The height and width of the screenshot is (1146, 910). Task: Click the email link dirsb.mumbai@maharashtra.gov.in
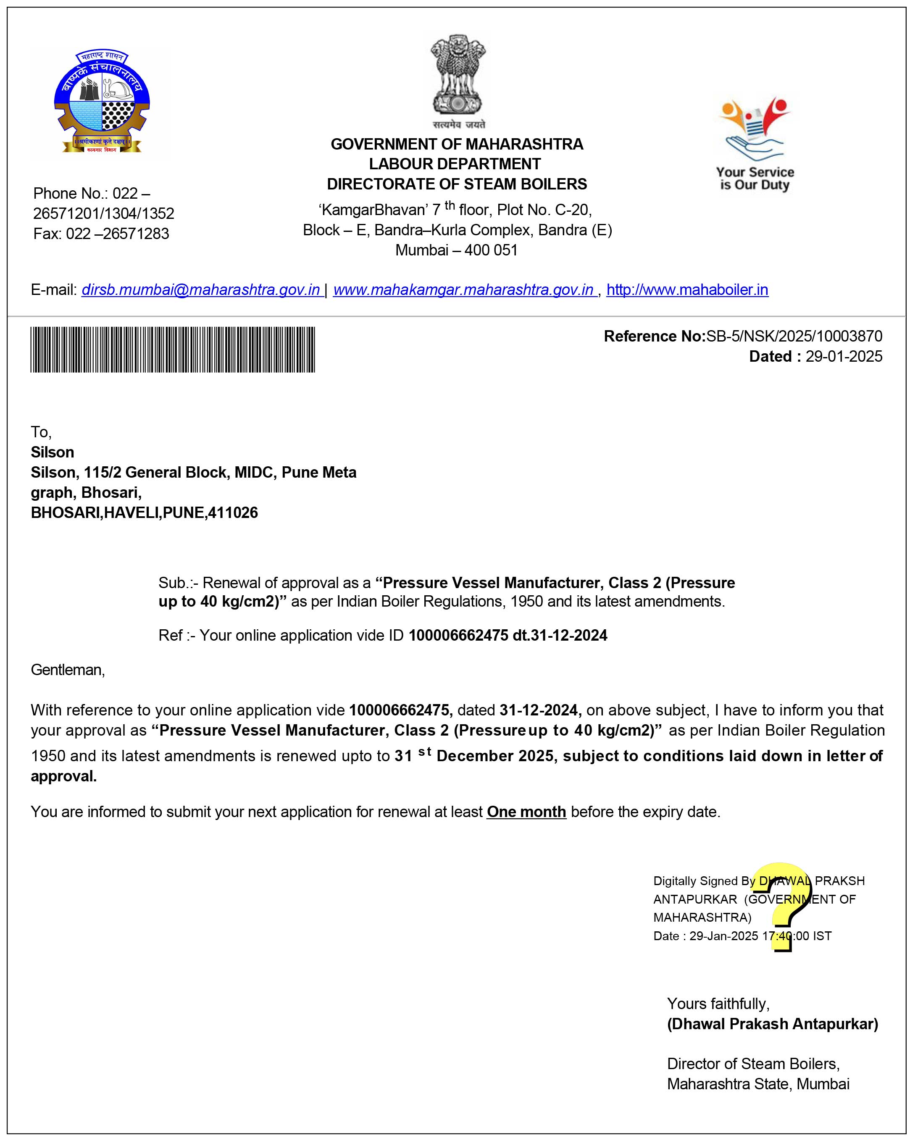201,290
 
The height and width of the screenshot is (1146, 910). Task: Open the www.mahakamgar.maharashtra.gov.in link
463,290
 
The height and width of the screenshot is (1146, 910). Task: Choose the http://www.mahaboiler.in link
687,290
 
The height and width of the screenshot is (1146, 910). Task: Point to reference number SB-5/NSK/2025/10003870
793,336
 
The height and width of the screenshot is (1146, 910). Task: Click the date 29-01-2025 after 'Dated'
843,356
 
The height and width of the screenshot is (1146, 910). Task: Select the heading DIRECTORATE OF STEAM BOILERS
457,184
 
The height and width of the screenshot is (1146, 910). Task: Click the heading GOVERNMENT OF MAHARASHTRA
457,144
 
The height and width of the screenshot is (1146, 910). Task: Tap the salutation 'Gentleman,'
68,669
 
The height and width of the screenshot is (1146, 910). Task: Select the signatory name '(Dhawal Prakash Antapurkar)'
772,1024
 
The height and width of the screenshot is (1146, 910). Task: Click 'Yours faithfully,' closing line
718,1004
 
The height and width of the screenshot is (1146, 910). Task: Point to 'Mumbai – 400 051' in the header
456,250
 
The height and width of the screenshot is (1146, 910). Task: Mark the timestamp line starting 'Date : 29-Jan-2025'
742,936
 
